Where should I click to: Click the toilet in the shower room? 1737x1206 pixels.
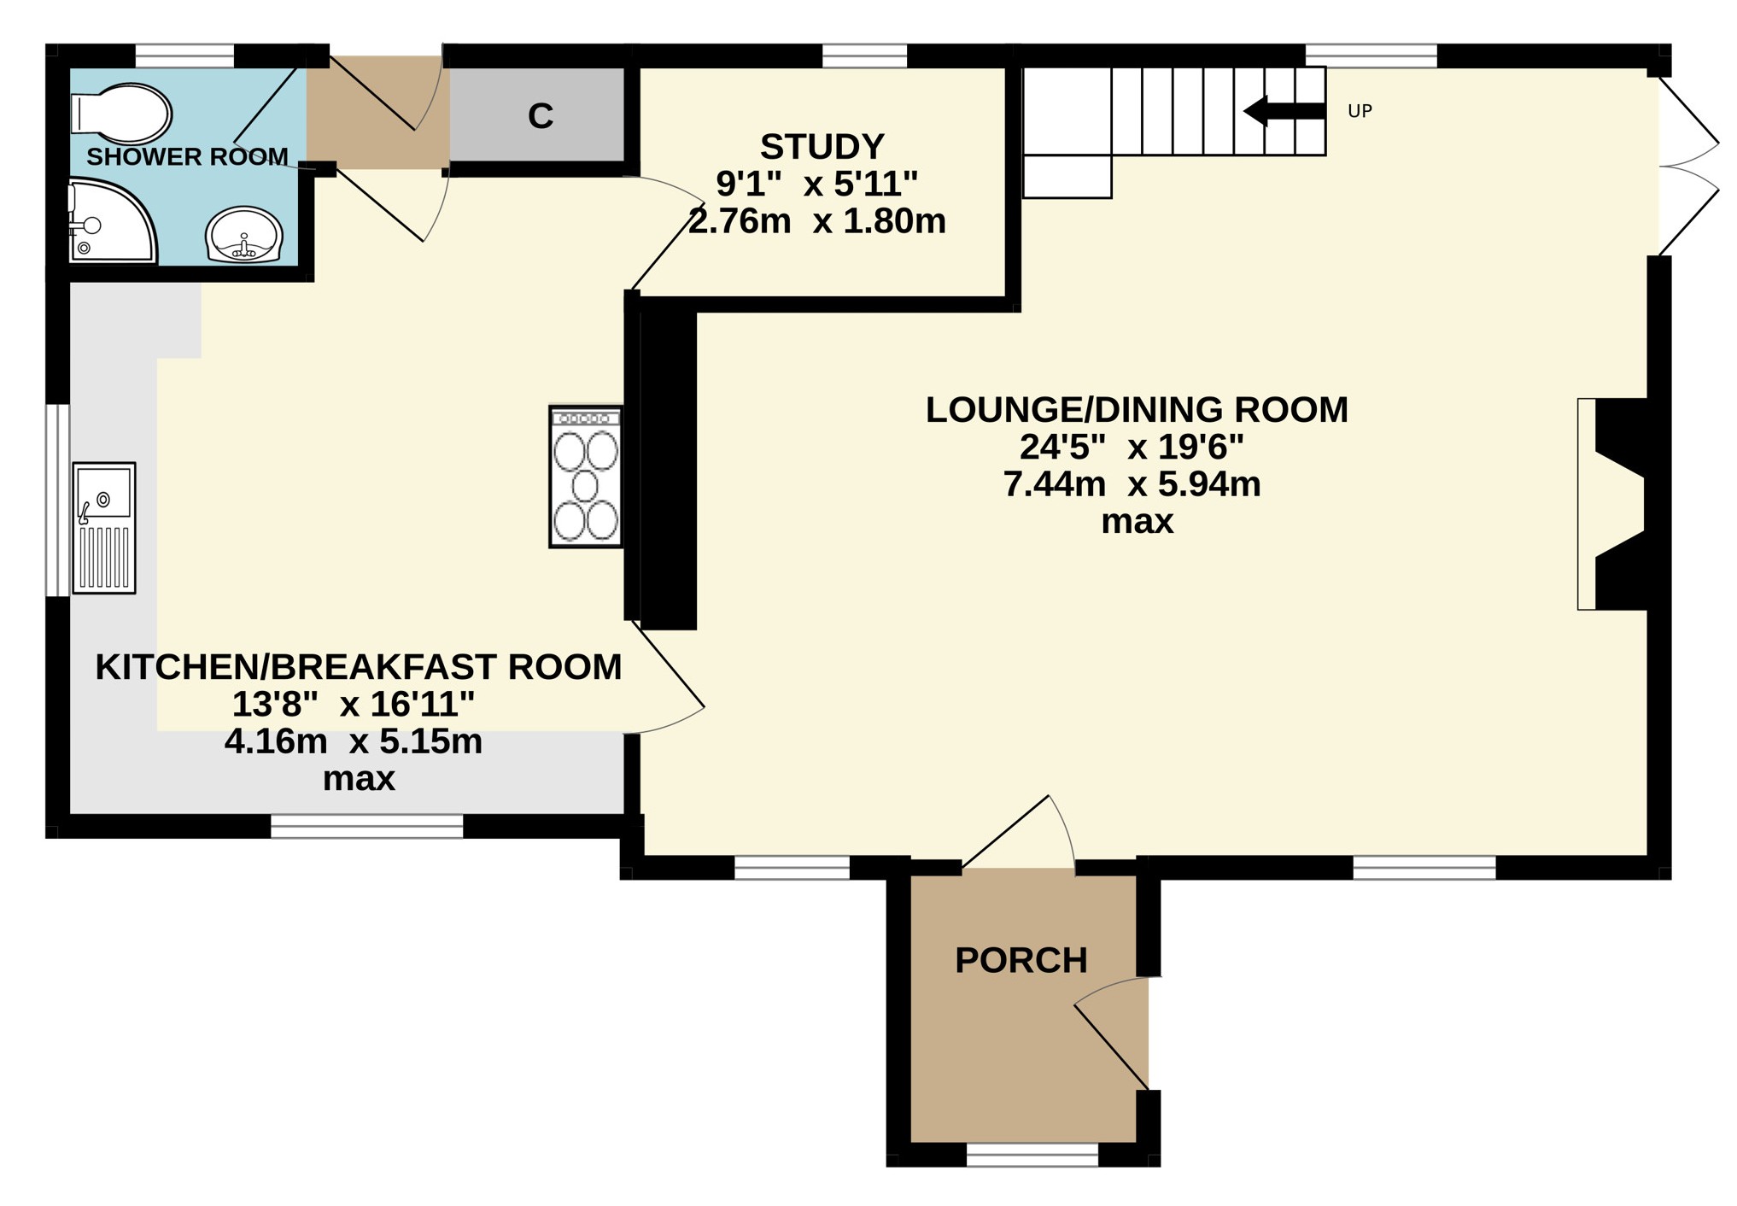121,114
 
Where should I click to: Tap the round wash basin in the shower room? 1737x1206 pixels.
244,234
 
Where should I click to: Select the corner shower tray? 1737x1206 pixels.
111,220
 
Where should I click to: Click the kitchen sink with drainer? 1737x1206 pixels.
104,528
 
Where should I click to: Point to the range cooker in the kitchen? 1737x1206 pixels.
586,477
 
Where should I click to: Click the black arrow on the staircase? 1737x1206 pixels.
1284,111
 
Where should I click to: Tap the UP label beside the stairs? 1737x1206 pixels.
1360,111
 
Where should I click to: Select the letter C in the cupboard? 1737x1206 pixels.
541,116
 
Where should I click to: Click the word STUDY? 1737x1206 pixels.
822,147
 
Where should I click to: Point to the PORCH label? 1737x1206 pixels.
1021,960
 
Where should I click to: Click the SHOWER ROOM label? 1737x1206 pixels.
187,157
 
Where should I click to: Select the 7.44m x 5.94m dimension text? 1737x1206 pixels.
1132,484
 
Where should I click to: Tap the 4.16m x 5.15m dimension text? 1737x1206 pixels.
354,741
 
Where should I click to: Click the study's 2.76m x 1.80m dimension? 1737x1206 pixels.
817,221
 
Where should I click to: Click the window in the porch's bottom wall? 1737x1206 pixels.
1032,1155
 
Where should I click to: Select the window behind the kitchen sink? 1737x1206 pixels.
58,500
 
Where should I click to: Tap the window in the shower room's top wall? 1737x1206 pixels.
184,56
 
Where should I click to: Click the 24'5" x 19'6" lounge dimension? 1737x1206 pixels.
1132,447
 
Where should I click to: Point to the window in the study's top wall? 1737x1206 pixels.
864,56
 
